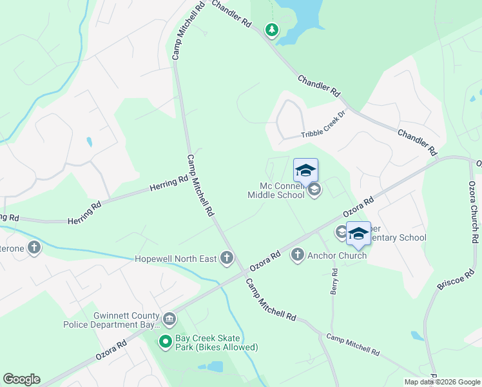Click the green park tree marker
[272, 30]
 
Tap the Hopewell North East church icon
[226, 259]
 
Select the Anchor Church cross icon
[297, 255]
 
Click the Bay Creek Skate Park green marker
[166, 342]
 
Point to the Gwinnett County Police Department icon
[169, 318]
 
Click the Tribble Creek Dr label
[323, 134]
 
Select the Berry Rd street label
[334, 282]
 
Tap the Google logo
[21, 379]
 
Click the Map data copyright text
[442, 382]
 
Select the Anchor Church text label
[337, 255]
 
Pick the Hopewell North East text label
[175, 259]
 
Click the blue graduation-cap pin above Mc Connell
[306, 170]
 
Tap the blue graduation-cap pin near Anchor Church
[358, 233]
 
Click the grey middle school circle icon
[314, 190]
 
